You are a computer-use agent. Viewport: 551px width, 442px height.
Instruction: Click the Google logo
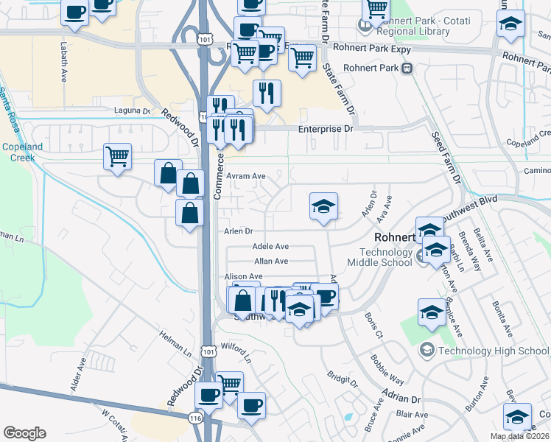click(25, 433)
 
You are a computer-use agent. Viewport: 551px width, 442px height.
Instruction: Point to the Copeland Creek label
click(21, 152)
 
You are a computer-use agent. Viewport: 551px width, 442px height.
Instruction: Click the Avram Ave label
click(246, 176)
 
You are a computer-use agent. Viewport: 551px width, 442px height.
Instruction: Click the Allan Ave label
click(270, 261)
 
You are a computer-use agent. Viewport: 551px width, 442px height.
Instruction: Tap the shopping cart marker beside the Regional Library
click(376, 9)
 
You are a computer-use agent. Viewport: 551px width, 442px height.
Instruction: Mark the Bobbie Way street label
click(387, 370)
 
